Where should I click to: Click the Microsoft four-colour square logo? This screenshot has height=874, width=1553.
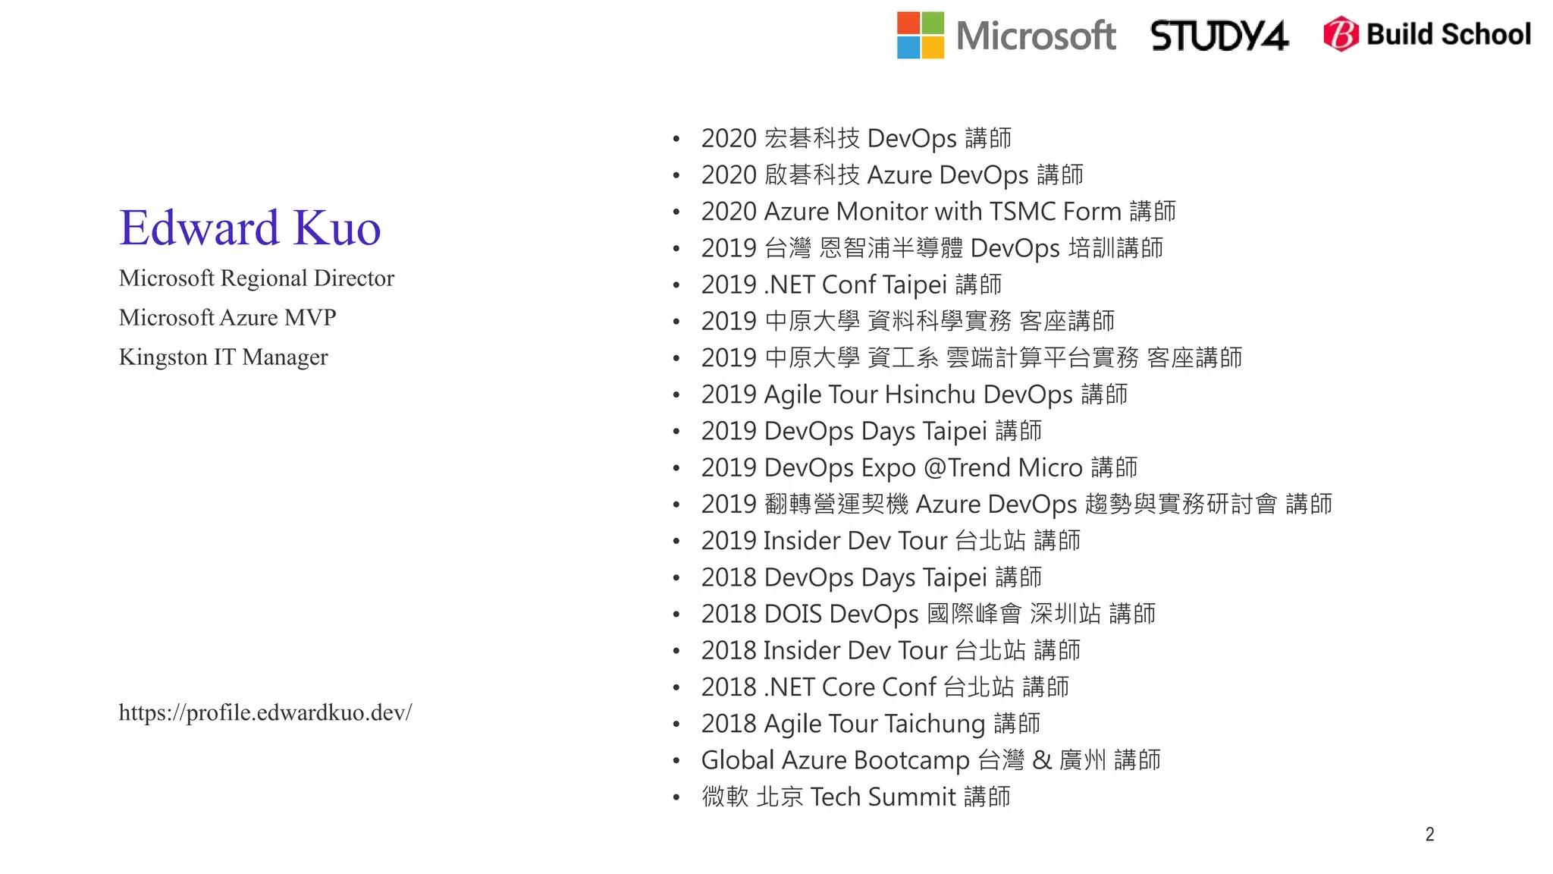[920, 35]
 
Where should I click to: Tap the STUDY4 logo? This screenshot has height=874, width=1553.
[1219, 36]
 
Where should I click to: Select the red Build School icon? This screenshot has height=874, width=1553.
[1341, 34]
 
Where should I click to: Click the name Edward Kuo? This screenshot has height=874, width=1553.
[249, 228]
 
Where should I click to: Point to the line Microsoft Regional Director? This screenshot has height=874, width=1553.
[256, 278]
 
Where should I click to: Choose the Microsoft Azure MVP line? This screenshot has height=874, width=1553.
[227, 318]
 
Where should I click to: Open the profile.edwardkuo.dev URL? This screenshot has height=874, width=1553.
[265, 712]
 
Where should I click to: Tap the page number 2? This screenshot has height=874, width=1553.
[1429, 835]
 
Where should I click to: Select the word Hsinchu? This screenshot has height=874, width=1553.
[930, 395]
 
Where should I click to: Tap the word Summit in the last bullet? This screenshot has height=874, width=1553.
[911, 797]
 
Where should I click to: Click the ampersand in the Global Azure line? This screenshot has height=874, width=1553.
[1042, 760]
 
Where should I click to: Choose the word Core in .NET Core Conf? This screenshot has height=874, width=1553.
[848, 687]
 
